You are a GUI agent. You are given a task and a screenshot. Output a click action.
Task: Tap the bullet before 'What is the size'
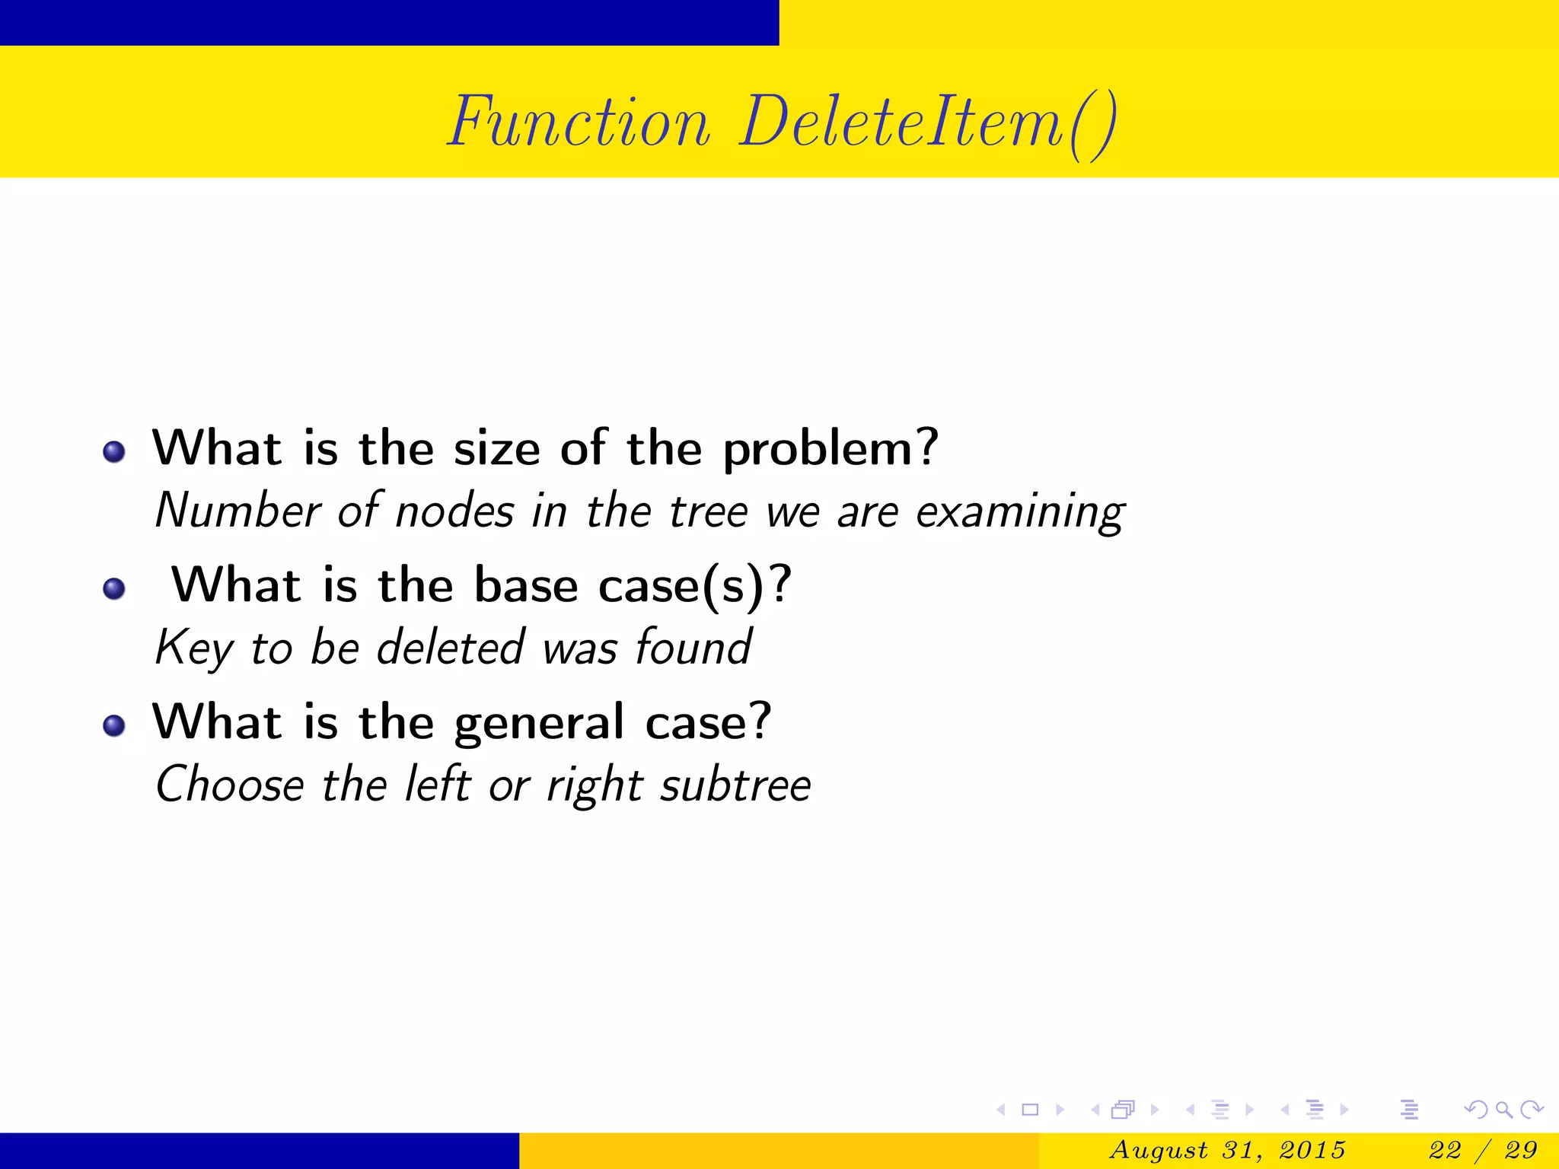click(114, 451)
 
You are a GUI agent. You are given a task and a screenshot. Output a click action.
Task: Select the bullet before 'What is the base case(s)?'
click(114, 588)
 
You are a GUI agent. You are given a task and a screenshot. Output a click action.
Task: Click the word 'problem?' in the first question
click(831, 449)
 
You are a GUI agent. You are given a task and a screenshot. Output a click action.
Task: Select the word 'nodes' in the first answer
click(454, 511)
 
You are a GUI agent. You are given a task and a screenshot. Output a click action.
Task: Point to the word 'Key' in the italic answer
click(193, 648)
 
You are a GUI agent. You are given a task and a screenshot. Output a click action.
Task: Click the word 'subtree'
click(735, 785)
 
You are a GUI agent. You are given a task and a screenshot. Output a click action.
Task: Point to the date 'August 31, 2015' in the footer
click(1227, 1149)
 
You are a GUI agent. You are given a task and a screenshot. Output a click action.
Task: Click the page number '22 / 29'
click(1483, 1149)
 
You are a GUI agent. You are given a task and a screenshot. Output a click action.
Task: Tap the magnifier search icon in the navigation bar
click(1503, 1110)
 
